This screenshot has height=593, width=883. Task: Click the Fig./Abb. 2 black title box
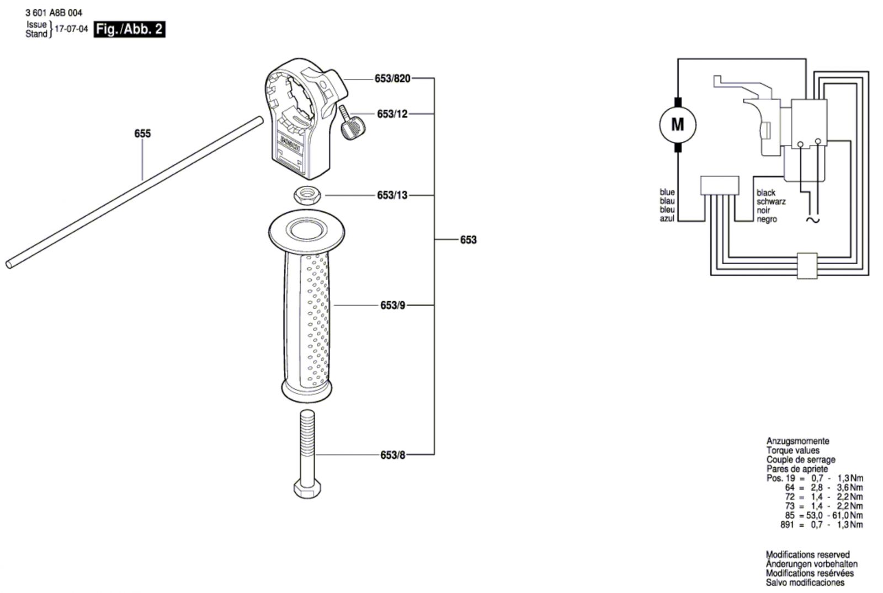[x=130, y=29]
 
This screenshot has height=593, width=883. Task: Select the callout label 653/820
[x=392, y=79]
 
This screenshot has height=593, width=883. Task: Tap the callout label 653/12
[x=392, y=114]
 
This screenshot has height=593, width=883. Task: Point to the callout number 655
[x=142, y=133]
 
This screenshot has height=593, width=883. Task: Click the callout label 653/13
[x=392, y=195]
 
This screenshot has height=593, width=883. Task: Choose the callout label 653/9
[x=392, y=305]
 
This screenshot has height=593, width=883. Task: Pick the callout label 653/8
[x=392, y=455]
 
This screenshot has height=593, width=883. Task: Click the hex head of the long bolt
[x=307, y=489]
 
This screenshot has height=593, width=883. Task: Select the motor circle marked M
[x=678, y=125]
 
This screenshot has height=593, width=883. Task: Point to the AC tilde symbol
[x=813, y=220]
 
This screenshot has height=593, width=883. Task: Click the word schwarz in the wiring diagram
[x=771, y=201]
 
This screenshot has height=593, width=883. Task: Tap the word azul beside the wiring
[x=667, y=219]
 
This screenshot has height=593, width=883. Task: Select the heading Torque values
[x=792, y=450]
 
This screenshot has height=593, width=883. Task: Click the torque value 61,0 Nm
[x=849, y=515]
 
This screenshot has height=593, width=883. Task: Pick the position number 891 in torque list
[x=788, y=525]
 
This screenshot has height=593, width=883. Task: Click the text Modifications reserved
[x=807, y=554]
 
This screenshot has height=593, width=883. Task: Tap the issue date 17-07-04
[x=71, y=29]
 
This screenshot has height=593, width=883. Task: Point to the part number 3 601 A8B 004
[x=54, y=13]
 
